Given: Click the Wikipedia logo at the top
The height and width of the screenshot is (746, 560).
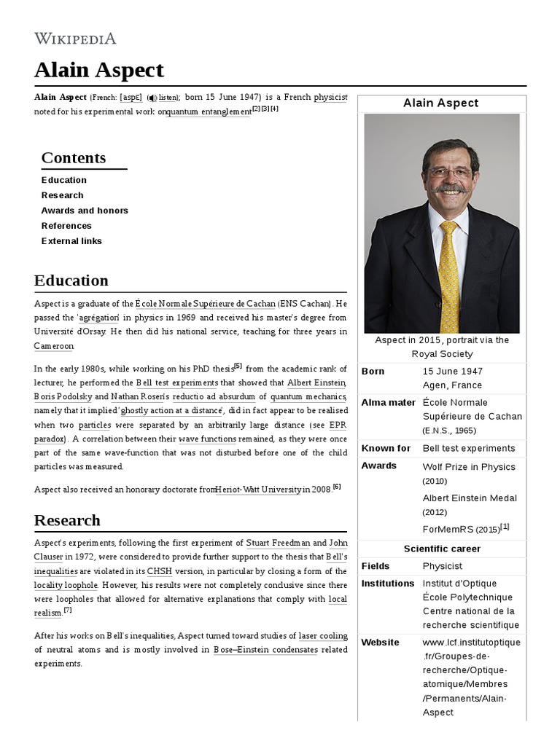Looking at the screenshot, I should [x=75, y=39].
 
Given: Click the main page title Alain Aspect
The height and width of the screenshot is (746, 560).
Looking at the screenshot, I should [x=99, y=70].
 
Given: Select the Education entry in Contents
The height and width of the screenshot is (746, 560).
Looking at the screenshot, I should [x=64, y=180].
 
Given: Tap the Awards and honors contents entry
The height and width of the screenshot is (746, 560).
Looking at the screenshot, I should [x=85, y=211].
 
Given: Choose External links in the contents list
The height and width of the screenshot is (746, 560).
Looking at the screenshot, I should [x=71, y=241].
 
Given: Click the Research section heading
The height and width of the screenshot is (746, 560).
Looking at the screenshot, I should [x=67, y=520].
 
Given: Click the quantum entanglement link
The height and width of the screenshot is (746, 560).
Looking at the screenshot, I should [x=209, y=112].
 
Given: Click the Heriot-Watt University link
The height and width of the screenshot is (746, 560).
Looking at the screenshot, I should [x=258, y=490].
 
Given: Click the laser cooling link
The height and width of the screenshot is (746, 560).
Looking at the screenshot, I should [x=323, y=636].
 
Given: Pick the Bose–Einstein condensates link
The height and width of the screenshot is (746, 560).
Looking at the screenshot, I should [x=265, y=650].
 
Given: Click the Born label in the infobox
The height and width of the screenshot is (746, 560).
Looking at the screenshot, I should [x=373, y=372].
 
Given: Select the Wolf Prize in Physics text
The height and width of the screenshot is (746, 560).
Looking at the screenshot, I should [x=469, y=467].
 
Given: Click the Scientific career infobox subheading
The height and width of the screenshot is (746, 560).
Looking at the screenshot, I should [x=442, y=549].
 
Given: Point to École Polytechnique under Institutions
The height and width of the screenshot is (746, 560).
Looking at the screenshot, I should [x=467, y=597].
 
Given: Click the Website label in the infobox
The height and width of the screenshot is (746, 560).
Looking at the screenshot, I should [x=381, y=643].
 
